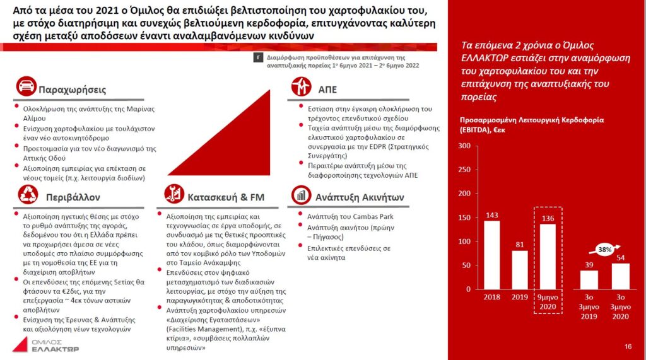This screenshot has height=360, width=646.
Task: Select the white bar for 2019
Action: click(x=520, y=270)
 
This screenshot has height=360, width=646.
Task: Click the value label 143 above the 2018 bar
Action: click(x=492, y=215)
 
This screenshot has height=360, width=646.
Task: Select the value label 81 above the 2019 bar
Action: click(x=520, y=245)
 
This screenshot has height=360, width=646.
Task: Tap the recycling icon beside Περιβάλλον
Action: click(x=25, y=196)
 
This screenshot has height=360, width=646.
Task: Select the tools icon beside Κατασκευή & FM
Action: click(x=173, y=196)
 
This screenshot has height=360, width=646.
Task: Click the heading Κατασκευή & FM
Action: click(x=225, y=197)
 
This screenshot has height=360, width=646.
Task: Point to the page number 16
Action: click(x=628, y=347)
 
